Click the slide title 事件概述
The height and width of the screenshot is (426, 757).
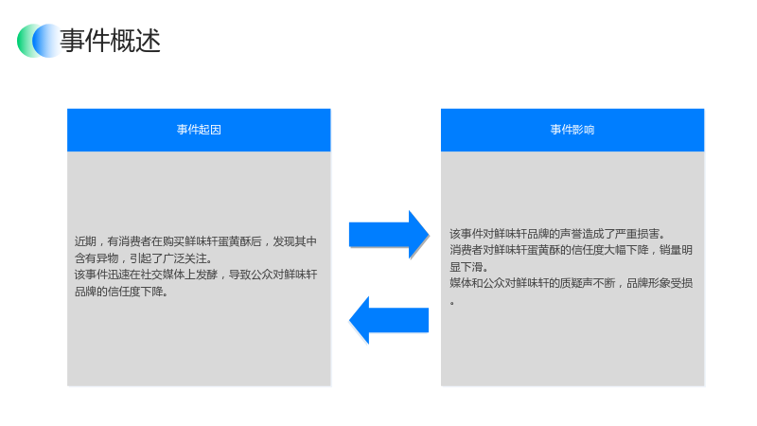pyautogui.click(x=110, y=41)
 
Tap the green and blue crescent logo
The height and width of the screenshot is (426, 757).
pyautogui.click(x=39, y=41)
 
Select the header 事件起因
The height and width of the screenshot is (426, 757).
pyautogui.click(x=199, y=130)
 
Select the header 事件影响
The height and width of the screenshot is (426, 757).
pyautogui.click(x=572, y=130)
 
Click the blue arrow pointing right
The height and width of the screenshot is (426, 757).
pyautogui.click(x=389, y=235)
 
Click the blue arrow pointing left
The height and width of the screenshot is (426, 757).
pyautogui.click(x=389, y=320)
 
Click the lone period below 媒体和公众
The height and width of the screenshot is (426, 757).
pyautogui.click(x=452, y=303)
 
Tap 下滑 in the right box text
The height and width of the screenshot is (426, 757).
pyautogui.click(x=471, y=267)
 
